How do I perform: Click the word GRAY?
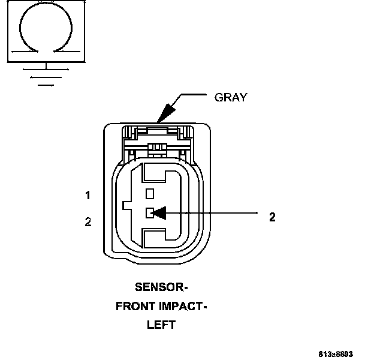click(230, 98)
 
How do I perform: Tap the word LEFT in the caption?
click(161, 325)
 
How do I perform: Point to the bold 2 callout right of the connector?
click(272, 217)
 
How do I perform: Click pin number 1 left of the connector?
click(88, 195)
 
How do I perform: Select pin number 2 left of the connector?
click(88, 222)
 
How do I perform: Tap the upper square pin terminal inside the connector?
click(150, 193)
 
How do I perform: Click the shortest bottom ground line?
click(46, 85)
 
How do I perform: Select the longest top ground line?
click(46, 69)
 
